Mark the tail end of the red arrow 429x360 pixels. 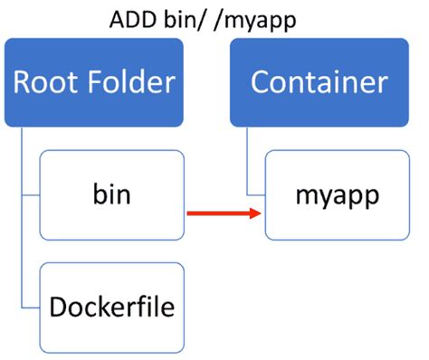click(189, 214)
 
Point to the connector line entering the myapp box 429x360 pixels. click(256, 194)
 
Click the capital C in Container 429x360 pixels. click(262, 82)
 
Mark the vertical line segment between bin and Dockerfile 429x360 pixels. click(20, 253)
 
